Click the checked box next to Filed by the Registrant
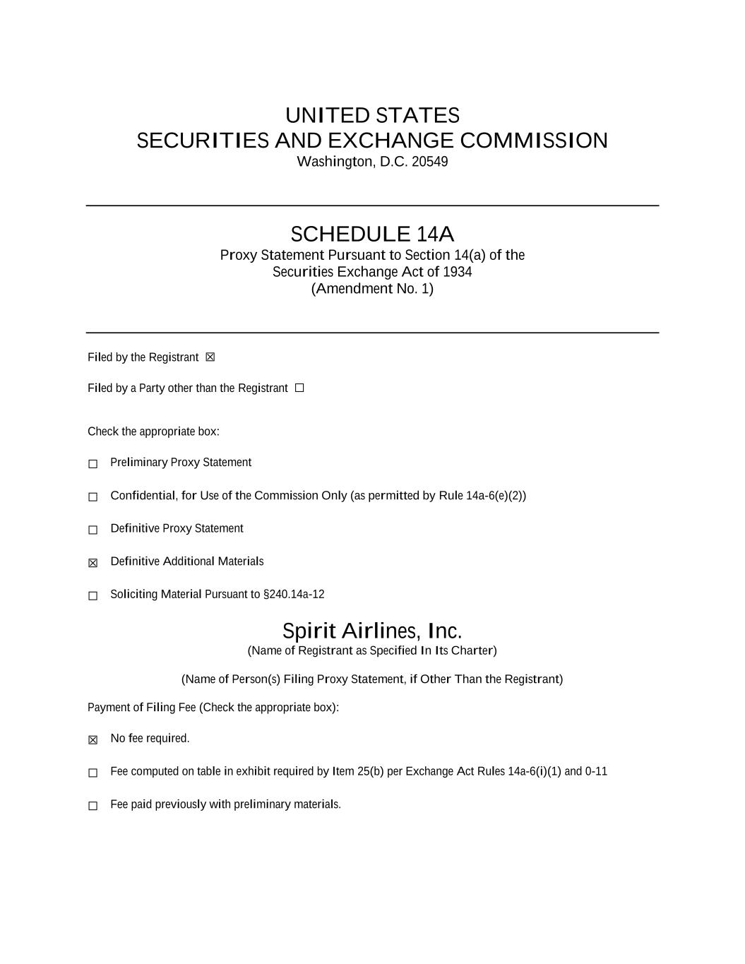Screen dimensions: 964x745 pyautogui.click(x=210, y=357)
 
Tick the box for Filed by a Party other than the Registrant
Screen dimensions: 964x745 pyautogui.click(x=299, y=388)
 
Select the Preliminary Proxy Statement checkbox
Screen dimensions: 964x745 pyautogui.click(x=93, y=464)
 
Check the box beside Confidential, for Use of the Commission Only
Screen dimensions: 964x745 pyautogui.click(x=93, y=497)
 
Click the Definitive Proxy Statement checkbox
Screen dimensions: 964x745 pyautogui.click(x=93, y=530)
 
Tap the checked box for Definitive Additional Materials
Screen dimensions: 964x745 pyautogui.click(x=93, y=563)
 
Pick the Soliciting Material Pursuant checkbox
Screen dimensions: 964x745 pyautogui.click(x=93, y=596)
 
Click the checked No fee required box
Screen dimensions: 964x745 pyautogui.click(x=93, y=740)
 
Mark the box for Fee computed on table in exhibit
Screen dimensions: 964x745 pyautogui.click(x=93, y=773)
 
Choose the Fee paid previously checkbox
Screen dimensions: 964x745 pyautogui.click(x=93, y=806)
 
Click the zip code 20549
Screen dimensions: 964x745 pyautogui.click(x=429, y=162)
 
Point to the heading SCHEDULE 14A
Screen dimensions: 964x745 pyautogui.click(x=372, y=234)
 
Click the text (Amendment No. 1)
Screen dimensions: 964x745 pyautogui.click(x=372, y=288)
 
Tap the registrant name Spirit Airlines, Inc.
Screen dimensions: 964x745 pyautogui.click(x=372, y=630)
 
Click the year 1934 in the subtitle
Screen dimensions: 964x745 pyautogui.click(x=457, y=272)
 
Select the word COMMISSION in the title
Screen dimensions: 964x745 pyautogui.click(x=534, y=141)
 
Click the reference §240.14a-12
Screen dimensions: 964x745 pyautogui.click(x=294, y=594)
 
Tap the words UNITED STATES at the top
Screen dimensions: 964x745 pyautogui.click(x=372, y=115)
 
